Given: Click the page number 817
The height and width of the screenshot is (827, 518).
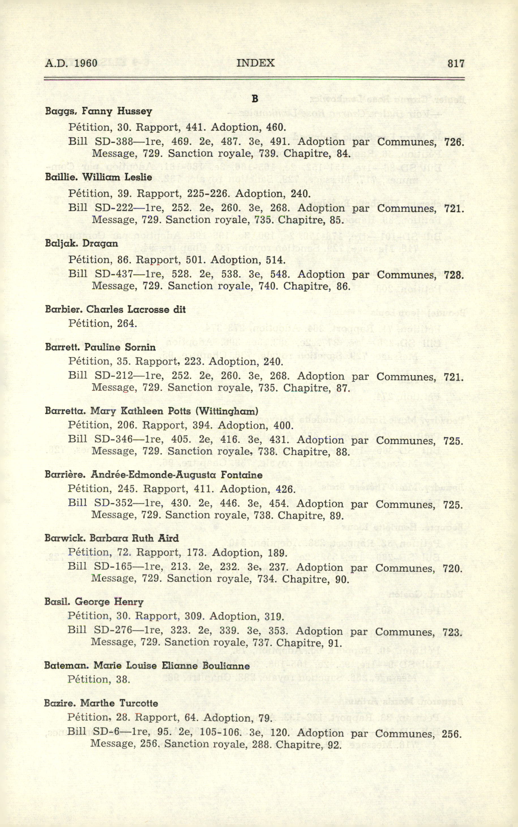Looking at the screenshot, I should [x=456, y=64].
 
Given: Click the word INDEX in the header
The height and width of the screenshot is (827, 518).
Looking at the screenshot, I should [x=255, y=63].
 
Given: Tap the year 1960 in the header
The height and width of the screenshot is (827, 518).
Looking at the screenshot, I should [x=86, y=63].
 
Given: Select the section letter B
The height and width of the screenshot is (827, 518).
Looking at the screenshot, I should [x=254, y=99].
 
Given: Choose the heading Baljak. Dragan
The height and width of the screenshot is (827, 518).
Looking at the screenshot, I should [x=81, y=244].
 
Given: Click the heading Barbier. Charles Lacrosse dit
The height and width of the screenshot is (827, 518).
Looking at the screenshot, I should [x=115, y=310].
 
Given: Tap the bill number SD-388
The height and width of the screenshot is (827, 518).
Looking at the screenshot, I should [x=114, y=142].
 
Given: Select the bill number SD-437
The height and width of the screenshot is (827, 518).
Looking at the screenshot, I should [x=114, y=274].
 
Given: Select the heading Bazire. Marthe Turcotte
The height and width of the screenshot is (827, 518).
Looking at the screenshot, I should [x=101, y=703].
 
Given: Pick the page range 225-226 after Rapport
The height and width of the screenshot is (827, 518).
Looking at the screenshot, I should [x=207, y=194].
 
